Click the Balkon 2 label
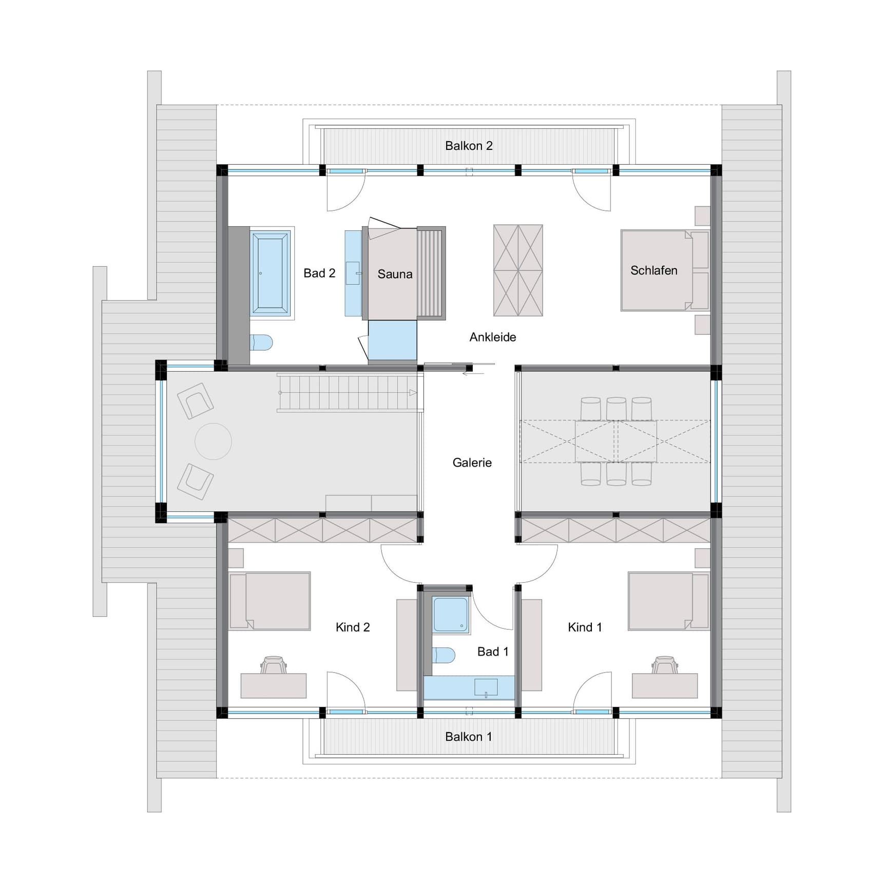tap(469, 146)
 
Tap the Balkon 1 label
tap(469, 737)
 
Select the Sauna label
tap(395, 274)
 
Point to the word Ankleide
tap(493, 337)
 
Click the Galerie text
tap(472, 463)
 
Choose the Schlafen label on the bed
tap(654, 271)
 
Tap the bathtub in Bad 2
tap(271, 273)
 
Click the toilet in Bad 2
tap(261, 342)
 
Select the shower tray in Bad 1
tap(450, 614)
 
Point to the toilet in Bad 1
tap(444, 655)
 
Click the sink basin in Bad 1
tap(486, 687)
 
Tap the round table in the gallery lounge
tap(213, 441)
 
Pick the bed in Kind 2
tap(270, 601)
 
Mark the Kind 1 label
tap(585, 627)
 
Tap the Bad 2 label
tap(319, 273)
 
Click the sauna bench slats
tap(430, 273)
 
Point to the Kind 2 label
tap(353, 627)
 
